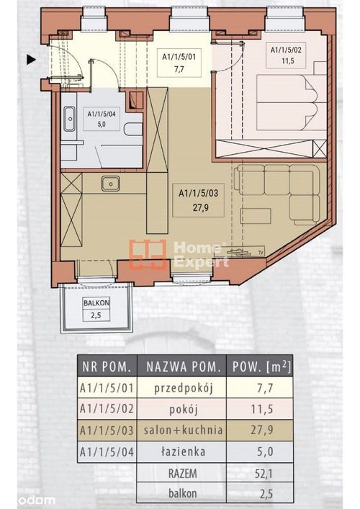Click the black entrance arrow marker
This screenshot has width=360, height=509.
[31, 60]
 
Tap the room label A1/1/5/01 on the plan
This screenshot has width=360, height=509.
[179, 57]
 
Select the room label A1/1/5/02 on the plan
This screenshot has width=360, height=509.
[286, 50]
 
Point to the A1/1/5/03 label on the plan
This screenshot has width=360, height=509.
[198, 194]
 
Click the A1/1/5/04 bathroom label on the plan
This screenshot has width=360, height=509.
[102, 114]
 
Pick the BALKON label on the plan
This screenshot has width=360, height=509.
[96, 303]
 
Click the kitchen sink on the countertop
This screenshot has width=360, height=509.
[110, 184]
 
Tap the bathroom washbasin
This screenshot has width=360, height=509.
[69, 119]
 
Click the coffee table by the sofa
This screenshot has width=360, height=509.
[256, 216]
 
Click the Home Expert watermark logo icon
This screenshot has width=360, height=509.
[148, 255]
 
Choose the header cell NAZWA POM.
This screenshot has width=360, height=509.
[181, 366]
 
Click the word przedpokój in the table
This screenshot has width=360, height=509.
[183, 389]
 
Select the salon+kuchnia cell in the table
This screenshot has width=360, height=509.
[184, 430]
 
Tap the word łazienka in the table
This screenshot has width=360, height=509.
[183, 451]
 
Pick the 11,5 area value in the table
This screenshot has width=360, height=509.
[261, 409]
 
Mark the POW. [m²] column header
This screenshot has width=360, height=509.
[261, 366]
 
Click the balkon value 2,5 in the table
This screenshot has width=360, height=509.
[266, 494]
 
